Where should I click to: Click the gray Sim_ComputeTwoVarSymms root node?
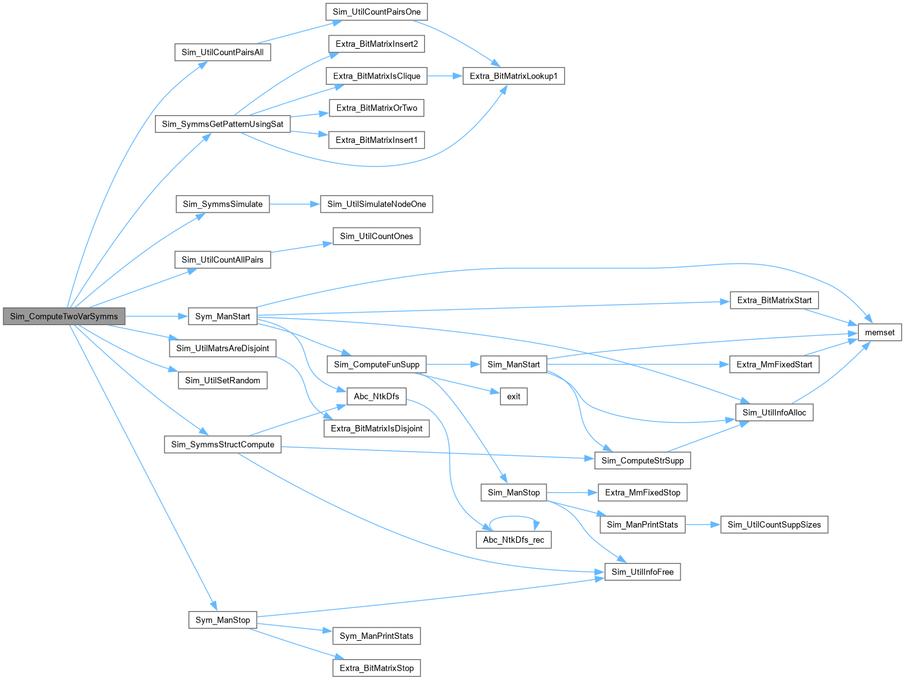[x=64, y=316]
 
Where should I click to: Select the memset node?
[x=879, y=332]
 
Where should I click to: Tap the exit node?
[x=514, y=396]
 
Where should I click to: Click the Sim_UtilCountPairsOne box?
[x=376, y=11]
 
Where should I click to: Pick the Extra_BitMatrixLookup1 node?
[x=514, y=76]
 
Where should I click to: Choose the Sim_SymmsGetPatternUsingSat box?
[x=223, y=124]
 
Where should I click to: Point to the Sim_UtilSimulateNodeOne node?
[x=376, y=204]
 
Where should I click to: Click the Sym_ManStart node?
[x=223, y=316]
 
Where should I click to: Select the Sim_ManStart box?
[x=514, y=364]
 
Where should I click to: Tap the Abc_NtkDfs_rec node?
[x=514, y=540]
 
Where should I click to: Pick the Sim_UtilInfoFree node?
[x=643, y=572]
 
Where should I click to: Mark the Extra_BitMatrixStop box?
[x=376, y=668]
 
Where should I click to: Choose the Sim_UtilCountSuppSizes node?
[x=774, y=524]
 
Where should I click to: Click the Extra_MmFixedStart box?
[x=774, y=364]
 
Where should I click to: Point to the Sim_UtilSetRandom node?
[x=223, y=380]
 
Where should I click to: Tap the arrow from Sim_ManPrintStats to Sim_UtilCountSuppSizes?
[x=703, y=524]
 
